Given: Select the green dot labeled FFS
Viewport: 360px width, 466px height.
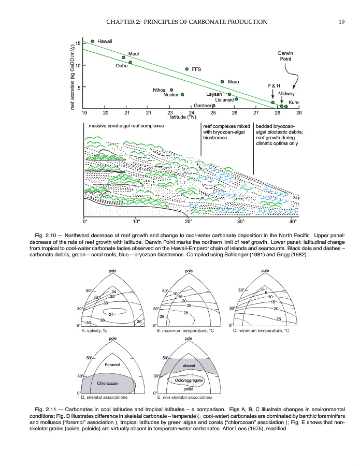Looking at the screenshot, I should click(187, 69).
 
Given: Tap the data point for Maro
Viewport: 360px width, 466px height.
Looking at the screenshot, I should click(222, 82).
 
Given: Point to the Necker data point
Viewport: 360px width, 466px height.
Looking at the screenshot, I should click(182, 95).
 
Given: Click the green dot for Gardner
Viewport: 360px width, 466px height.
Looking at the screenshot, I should click(213, 106).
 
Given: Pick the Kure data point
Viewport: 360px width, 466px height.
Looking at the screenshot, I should click(286, 107).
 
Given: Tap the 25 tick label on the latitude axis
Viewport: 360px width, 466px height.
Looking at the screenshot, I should click(213, 112).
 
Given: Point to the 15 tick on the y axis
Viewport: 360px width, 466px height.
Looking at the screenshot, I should click(78, 43).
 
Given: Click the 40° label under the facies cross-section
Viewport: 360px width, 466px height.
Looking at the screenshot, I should click(294, 222).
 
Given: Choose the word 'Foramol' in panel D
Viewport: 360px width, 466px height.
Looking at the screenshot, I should click(112, 365).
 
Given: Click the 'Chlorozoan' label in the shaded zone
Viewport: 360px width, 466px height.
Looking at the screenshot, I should click(109, 383).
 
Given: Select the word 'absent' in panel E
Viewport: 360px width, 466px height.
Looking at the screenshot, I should click(189, 366).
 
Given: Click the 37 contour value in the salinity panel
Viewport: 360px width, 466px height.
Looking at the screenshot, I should click(111, 314).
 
